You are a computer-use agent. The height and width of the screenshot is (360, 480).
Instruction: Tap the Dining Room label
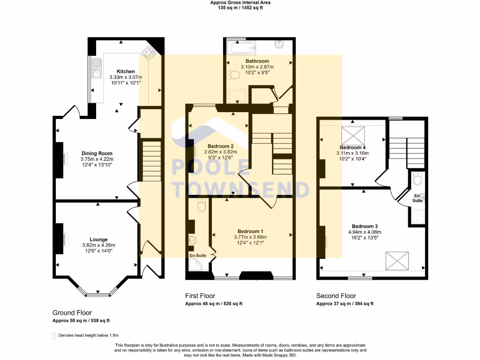pyautogui.click(x=97, y=153)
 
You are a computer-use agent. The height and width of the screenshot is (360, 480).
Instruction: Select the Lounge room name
pyautogui.click(x=99, y=239)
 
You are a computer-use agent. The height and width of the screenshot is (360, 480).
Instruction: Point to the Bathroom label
pyautogui.click(x=257, y=61)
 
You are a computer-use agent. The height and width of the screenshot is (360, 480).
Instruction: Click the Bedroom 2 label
pyautogui.click(x=218, y=146)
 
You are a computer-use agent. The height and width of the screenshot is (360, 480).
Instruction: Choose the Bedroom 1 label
pyautogui.click(x=250, y=231)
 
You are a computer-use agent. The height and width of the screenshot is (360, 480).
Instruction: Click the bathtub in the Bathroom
pyautogui.click(x=240, y=47)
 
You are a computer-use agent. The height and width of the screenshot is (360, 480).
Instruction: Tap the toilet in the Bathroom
pyautogui.click(x=232, y=75)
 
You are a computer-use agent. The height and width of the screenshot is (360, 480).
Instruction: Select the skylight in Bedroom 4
pyautogui.click(x=354, y=135)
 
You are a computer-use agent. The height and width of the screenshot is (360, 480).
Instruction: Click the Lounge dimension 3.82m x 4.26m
pyautogui.click(x=99, y=245)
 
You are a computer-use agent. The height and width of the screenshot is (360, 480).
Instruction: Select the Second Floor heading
pyautogui.click(x=336, y=296)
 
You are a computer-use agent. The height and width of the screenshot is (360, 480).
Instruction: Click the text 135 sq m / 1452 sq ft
pyautogui.click(x=240, y=8)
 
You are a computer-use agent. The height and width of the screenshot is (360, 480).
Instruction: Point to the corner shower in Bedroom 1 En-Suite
pyautogui.click(x=195, y=266)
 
